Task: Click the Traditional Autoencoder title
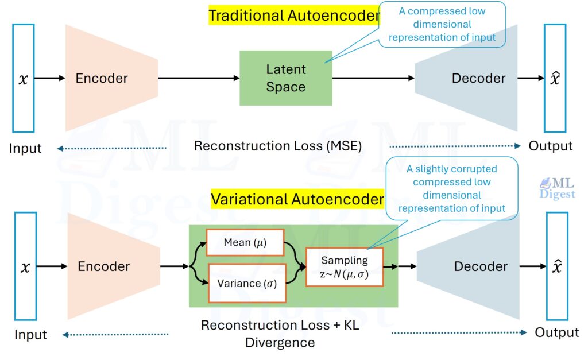tap(293, 16)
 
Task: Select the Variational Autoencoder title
tap(297, 199)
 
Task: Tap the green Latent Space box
tap(285, 78)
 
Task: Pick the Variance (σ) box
tap(246, 283)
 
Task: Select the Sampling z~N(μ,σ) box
tap(344, 267)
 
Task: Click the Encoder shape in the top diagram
tap(109, 78)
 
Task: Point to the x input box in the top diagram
tap(23, 78)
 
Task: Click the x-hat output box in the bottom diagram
tap(556, 266)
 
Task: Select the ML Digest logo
tap(556, 188)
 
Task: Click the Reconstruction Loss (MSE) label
tap(277, 146)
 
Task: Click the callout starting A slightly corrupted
tap(451, 188)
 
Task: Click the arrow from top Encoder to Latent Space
tap(198, 78)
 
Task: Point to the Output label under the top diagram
tap(550, 146)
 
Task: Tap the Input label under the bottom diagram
tap(30, 334)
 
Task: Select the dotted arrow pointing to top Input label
tap(112, 149)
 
